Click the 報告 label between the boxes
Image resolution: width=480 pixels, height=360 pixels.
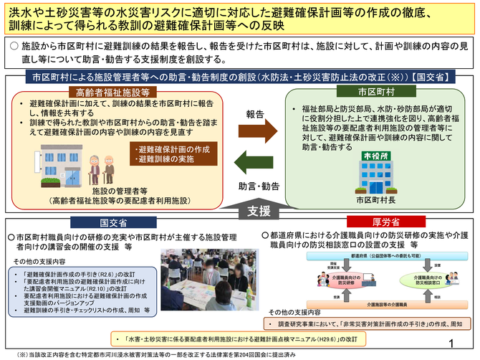[256, 114]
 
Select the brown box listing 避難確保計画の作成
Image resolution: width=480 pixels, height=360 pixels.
[168, 153]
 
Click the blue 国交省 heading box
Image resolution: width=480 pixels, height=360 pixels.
[114, 223]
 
